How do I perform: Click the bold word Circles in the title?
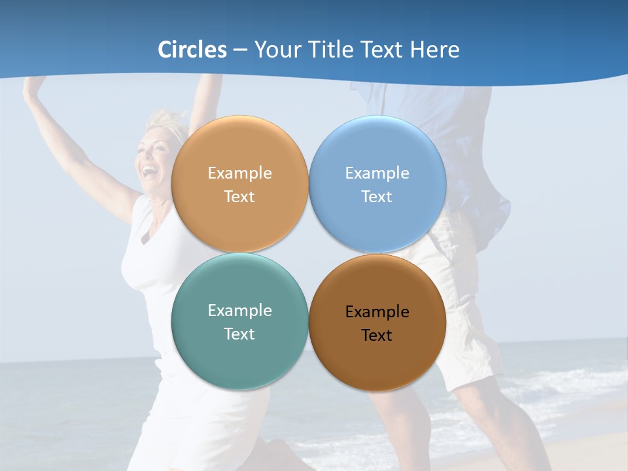pos(192,50)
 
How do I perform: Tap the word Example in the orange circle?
pos(239,173)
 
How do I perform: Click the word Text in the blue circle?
pos(377,196)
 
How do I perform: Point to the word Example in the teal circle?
pos(239,310)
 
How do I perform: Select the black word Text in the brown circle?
pos(377,335)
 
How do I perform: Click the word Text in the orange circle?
pos(239,196)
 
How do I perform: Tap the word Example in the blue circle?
pos(377,173)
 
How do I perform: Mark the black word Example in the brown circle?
pos(377,311)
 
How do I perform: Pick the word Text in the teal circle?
pos(239,334)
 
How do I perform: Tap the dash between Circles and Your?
pos(240,50)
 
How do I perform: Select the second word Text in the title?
pos(382,50)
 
